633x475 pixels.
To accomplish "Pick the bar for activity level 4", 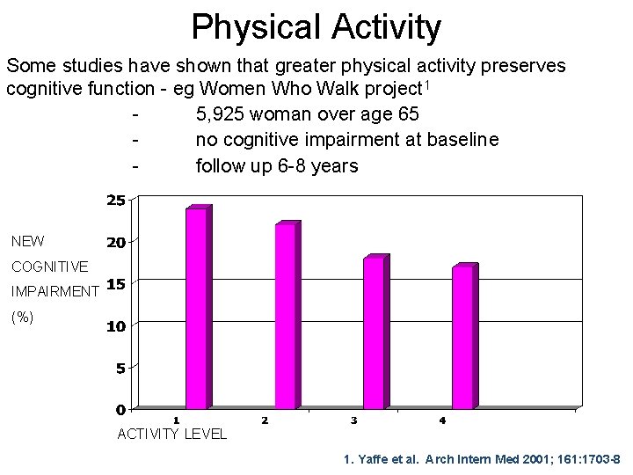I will pyautogui.click(x=463, y=337).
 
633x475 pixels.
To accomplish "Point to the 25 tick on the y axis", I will pyautogui.click(x=115, y=201).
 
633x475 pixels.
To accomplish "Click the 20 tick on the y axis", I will pyautogui.click(x=115, y=242).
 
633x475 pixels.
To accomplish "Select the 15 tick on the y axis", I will pyautogui.click(x=115, y=284).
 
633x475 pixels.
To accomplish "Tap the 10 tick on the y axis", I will pyautogui.click(x=115, y=326).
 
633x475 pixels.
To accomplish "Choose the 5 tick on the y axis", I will pyautogui.click(x=120, y=369).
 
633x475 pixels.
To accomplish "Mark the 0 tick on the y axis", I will pyautogui.click(x=120, y=410).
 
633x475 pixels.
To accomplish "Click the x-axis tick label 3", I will pyautogui.click(x=353, y=420).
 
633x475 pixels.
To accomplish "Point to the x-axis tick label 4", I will pyautogui.click(x=442, y=420).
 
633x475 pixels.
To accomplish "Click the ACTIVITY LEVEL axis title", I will pyautogui.click(x=171, y=434).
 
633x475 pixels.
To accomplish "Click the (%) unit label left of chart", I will pyautogui.click(x=22, y=318).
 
